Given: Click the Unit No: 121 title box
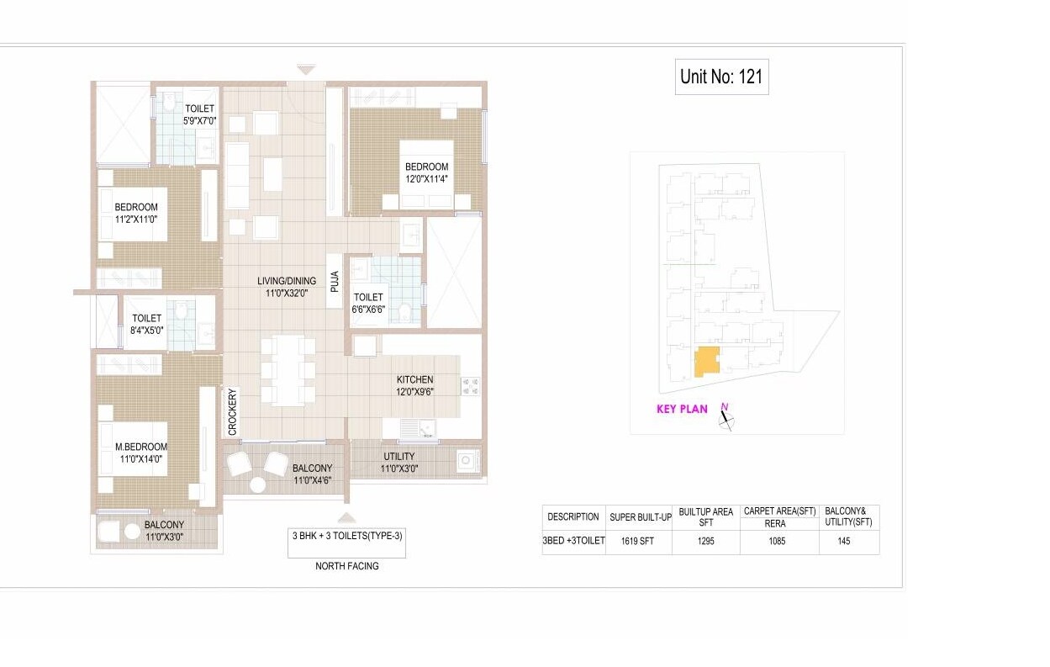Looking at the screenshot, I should tap(721, 77).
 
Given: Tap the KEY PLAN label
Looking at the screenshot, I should tap(682, 410).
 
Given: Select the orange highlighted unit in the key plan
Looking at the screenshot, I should tap(706, 361).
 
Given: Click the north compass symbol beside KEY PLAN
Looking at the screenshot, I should tap(726, 417).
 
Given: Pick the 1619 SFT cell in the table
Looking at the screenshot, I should tap(636, 542).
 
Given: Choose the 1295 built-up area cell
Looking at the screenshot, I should tap(705, 542).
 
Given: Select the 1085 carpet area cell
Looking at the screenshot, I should tap(778, 542).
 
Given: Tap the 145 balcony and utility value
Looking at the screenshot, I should tap(844, 542).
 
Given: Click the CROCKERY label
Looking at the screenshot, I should tap(233, 411).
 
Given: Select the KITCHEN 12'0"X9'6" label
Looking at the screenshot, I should tap(415, 386).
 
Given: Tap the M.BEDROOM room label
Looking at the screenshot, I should tap(141, 453).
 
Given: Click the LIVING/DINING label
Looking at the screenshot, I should tap(287, 287).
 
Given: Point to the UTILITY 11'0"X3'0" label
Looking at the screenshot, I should tap(398, 463).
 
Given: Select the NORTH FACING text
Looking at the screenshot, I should tap(346, 566).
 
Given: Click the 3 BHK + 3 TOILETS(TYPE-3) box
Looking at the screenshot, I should tap(346, 542).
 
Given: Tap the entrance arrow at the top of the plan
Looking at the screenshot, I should tap(306, 70).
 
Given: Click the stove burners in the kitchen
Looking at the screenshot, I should tap(470, 386).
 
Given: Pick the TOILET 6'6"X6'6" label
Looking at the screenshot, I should tap(368, 303).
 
